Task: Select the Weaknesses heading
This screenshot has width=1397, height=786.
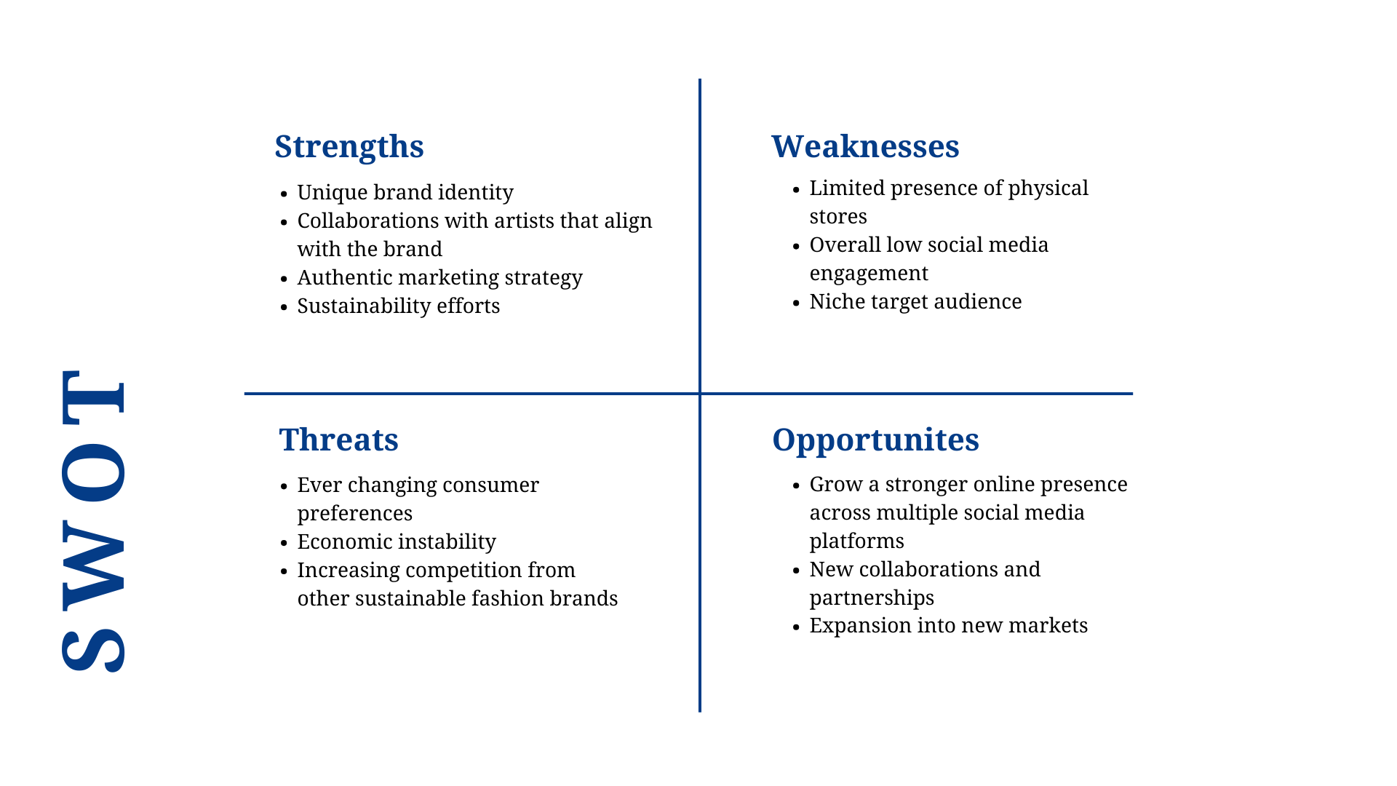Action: point(865,146)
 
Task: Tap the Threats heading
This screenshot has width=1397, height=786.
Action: point(338,440)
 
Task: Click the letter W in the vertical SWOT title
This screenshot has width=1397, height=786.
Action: point(93,565)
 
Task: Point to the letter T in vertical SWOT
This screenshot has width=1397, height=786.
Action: point(93,397)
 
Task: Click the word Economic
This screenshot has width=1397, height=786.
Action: point(340,541)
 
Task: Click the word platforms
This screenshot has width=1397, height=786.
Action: point(856,541)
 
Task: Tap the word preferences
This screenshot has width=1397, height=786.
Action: point(354,514)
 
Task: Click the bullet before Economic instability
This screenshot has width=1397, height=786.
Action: point(284,543)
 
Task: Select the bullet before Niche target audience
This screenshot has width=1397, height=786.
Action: point(797,303)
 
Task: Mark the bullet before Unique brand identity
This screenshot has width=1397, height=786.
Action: point(284,194)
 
